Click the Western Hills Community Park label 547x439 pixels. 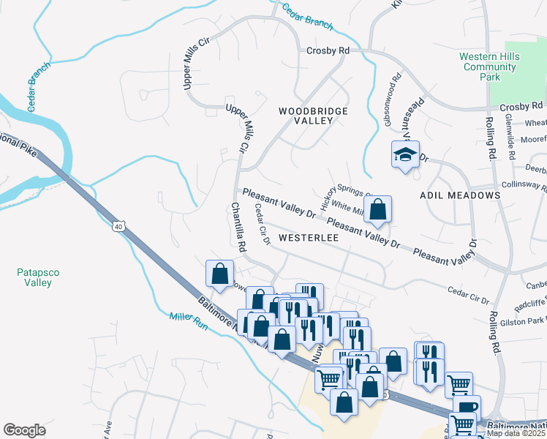point(489,67)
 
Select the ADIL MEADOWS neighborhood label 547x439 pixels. point(460,195)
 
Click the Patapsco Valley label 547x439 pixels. point(34,277)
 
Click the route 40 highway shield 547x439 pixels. point(118,228)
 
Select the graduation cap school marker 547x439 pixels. point(404,154)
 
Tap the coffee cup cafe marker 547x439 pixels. point(466,406)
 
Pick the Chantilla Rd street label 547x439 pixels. point(238,228)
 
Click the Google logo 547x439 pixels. point(24,429)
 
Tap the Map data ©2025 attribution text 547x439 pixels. point(515,433)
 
